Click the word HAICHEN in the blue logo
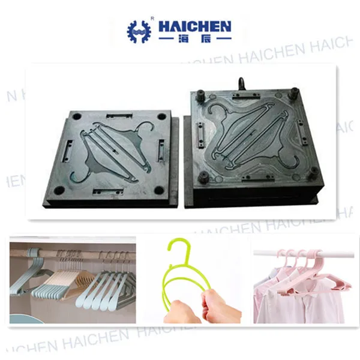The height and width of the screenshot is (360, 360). (x=193, y=26)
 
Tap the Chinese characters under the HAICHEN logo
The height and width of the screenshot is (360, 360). (x=193, y=40)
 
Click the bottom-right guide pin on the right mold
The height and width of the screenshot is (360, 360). (x=312, y=174)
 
